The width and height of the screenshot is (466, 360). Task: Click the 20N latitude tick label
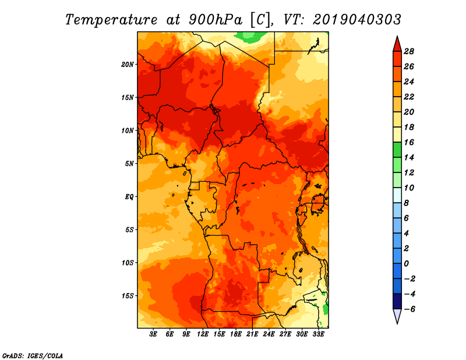click(128, 64)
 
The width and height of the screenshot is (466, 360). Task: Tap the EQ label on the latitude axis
click(129, 196)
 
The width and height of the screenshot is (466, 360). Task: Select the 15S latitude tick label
click(128, 295)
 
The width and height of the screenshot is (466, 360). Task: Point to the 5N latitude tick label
click(129, 163)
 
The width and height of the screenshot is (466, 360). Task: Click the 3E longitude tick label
click(154, 334)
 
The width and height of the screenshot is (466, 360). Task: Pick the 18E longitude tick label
click(236, 334)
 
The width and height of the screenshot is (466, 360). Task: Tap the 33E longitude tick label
click(318, 334)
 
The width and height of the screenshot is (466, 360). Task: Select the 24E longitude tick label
click(269, 334)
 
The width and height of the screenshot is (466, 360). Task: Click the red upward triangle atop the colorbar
click(397, 44)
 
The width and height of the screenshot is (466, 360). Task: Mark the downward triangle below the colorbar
click(397, 316)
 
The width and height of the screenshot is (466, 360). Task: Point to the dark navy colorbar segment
click(397, 301)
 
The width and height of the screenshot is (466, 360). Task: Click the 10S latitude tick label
click(128, 263)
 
